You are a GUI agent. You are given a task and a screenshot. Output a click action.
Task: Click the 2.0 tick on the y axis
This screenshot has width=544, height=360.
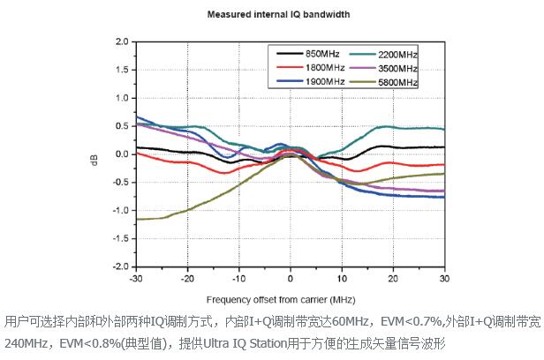(x=121, y=41)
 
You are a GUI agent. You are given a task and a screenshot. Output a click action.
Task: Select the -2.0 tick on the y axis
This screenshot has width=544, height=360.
(x=119, y=266)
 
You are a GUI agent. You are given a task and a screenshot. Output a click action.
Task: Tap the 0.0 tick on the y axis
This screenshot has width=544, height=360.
(x=121, y=154)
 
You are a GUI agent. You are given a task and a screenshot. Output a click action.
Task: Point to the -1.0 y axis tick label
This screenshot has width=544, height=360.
(x=119, y=210)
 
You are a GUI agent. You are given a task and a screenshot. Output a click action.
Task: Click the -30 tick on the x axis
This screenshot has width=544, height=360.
(x=135, y=279)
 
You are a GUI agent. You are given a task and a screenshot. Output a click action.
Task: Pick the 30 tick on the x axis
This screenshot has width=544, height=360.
(x=444, y=279)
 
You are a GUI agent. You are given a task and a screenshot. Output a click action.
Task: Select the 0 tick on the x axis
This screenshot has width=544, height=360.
(x=290, y=279)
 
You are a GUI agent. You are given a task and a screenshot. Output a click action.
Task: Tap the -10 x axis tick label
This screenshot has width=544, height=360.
(x=238, y=279)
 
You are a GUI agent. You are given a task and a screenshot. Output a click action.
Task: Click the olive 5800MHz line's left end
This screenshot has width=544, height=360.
(x=137, y=219)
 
